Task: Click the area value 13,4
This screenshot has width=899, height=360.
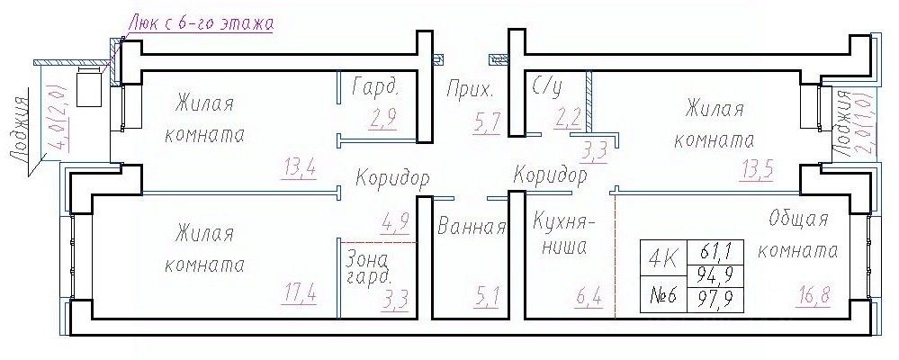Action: click(x=298, y=167)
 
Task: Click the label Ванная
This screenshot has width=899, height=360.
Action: click(x=471, y=226)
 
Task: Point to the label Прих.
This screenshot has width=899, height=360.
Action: click(x=470, y=90)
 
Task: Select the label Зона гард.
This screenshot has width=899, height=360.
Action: click(x=367, y=265)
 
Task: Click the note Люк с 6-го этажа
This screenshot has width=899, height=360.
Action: click(x=201, y=20)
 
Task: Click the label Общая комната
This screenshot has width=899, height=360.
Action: click(x=797, y=235)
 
